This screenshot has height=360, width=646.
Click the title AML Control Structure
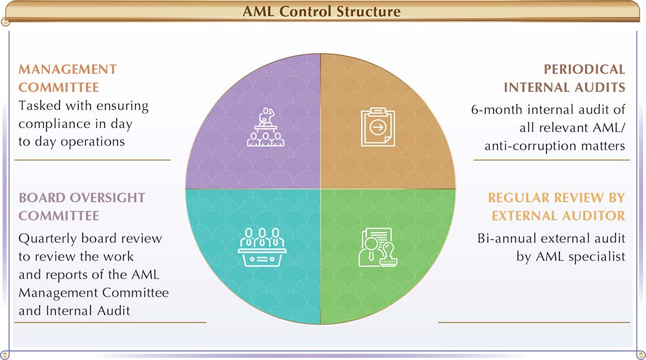tap(321, 11)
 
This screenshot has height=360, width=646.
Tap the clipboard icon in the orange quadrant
tap(378, 127)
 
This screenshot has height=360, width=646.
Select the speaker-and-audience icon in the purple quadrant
tap(266, 127)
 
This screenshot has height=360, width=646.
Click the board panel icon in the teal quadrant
tap(262, 247)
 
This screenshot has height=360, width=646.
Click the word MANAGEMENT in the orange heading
tap(68, 69)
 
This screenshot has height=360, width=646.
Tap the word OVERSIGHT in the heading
tap(107, 198)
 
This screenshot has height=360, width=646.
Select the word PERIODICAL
tap(584, 69)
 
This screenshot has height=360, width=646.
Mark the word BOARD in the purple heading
tap(42, 198)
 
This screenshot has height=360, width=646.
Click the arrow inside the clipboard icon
tap(378, 127)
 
